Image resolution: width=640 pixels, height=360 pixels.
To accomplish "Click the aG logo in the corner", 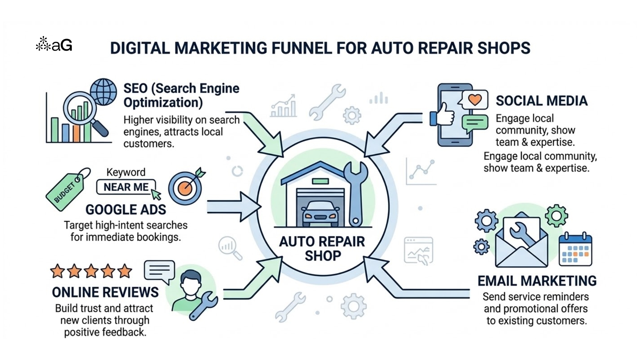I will point(54,44).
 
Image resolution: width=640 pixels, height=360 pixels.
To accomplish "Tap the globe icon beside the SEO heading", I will point(104,92).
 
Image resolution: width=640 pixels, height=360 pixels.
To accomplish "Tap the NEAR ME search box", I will point(126,187).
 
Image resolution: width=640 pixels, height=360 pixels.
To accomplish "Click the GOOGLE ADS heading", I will point(126,210).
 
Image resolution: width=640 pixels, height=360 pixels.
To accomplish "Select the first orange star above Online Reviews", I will point(57,271).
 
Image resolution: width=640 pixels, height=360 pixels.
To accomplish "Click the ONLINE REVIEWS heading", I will point(105,292).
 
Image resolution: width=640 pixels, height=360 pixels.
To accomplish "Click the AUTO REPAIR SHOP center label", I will point(322,249).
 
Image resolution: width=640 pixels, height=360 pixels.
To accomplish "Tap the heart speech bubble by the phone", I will point(474,100).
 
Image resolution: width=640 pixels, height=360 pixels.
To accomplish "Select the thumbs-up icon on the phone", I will point(443,115).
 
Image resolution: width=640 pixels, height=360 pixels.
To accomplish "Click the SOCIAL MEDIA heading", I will point(541,101).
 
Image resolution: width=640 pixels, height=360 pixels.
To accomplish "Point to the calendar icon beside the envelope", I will point(575,250).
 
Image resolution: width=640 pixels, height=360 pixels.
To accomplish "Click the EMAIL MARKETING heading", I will point(537,281).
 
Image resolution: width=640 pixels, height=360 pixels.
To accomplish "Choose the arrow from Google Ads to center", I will point(233,207).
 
